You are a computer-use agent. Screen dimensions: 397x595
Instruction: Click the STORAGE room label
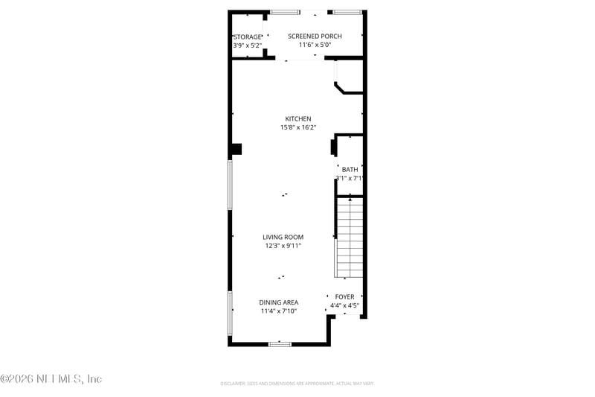248,37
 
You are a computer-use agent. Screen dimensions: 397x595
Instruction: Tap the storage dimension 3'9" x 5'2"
248,45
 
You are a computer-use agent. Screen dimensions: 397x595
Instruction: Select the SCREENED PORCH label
315,36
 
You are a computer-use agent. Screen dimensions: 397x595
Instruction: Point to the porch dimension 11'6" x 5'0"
315,45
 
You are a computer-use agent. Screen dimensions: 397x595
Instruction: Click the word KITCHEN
297,119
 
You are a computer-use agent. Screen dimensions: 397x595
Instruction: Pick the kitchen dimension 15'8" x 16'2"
297,128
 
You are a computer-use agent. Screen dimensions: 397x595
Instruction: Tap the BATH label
350,170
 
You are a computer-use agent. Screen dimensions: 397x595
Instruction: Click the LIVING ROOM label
283,237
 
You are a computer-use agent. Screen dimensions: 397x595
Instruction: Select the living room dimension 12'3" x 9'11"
283,246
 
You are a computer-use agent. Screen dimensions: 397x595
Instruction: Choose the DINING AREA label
279,302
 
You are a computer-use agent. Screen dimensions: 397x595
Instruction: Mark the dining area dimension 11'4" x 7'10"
279,311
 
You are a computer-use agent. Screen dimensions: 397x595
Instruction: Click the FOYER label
344,296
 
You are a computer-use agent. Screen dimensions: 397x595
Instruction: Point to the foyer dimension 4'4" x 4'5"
344,305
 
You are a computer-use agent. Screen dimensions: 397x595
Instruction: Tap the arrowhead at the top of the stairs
350,200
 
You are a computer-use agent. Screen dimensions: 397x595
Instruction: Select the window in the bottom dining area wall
280,343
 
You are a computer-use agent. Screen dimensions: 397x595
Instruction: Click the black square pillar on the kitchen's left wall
236,149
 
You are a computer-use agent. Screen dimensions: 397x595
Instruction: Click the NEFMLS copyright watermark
51,379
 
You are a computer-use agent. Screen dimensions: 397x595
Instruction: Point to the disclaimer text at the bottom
297,383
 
